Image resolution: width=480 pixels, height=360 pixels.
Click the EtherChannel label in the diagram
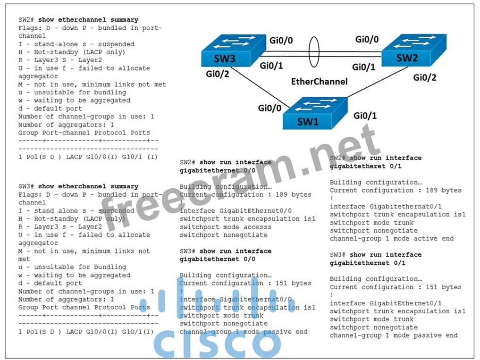(x=319, y=81)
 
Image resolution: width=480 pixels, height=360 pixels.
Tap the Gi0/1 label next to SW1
(x=365, y=115)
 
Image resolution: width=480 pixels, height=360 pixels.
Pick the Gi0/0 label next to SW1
(x=269, y=108)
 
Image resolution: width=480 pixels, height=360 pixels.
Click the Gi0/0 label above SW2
(x=367, y=39)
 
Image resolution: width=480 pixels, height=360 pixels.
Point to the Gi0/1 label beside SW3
(x=271, y=66)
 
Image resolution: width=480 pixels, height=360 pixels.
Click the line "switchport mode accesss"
(x=226, y=227)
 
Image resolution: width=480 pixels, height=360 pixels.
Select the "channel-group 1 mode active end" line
(x=392, y=239)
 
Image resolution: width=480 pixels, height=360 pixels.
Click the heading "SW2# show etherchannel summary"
(x=78, y=20)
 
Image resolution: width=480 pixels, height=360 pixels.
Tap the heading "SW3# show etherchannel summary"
(x=78, y=186)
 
